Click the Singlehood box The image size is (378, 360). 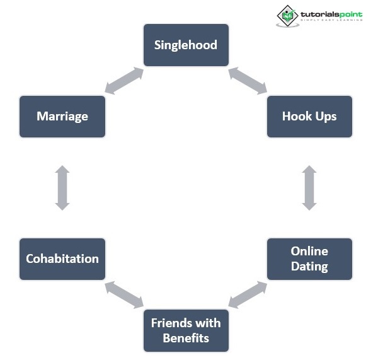[x=186, y=45]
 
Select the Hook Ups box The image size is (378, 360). [x=309, y=116]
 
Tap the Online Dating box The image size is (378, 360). [x=309, y=258]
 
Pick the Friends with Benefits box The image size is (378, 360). [x=186, y=330]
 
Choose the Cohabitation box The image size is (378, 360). [x=62, y=258]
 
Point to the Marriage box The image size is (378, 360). [x=62, y=116]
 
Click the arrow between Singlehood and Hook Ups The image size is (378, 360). [x=248, y=81]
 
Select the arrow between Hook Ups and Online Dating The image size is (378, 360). [x=309, y=187]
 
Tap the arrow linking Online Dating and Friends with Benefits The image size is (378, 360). [x=248, y=294]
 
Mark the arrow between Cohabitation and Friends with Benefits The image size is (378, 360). [x=124, y=294]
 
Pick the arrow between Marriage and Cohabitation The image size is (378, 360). [x=62, y=187]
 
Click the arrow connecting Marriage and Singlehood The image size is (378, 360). [x=124, y=81]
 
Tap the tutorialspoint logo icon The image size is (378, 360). [x=288, y=15]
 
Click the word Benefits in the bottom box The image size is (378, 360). [x=186, y=337]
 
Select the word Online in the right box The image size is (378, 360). [x=309, y=251]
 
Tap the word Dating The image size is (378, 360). [x=309, y=266]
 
